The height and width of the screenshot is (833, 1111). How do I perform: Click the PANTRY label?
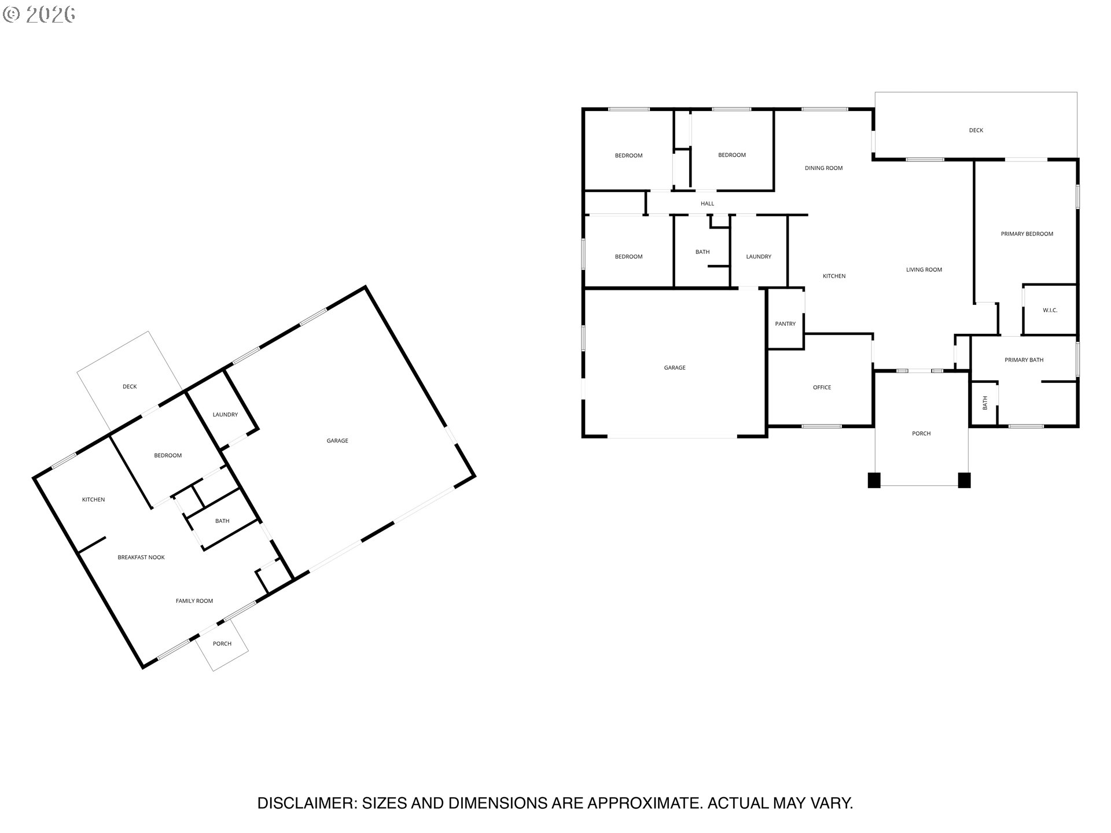coord(785,324)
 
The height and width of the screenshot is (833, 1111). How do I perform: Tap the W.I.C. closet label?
coord(1050,311)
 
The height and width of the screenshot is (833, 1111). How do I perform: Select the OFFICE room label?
coord(822,388)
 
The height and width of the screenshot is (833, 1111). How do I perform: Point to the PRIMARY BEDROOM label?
coord(1027,234)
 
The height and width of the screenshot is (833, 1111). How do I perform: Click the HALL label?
coord(707,204)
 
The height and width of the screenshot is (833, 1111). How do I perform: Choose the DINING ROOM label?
coord(823,168)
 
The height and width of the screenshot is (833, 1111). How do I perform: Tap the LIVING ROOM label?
coord(924,270)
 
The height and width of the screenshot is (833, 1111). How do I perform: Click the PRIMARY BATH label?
coord(1024,360)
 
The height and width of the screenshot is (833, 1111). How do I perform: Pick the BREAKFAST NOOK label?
coord(141,558)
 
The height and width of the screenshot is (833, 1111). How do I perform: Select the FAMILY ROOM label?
coord(194,601)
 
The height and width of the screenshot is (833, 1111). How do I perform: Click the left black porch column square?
coord(874,480)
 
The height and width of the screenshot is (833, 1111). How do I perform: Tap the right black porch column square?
coord(964,480)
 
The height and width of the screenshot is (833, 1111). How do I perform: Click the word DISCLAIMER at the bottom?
coord(307,803)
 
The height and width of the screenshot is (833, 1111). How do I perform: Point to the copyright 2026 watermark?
coord(39,14)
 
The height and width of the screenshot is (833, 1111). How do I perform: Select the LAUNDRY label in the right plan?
coord(759,257)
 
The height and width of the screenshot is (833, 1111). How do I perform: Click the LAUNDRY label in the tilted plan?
coord(225,415)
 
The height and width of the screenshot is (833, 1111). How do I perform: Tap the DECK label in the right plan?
coord(976,130)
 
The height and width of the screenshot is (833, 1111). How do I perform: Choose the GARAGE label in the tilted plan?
coord(337,441)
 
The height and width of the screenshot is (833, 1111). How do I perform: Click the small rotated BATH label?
coord(985,403)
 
